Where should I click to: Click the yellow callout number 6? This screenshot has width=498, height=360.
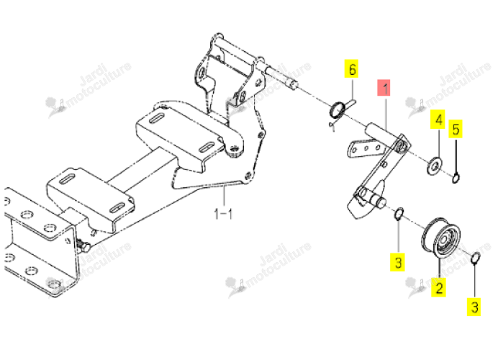tap(352, 69)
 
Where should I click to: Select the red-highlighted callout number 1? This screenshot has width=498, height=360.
tap(384, 88)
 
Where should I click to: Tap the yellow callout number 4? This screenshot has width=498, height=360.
tap(438, 120)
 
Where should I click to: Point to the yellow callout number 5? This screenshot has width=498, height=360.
tap(456, 129)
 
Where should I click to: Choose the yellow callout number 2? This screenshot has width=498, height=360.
tap(438, 287)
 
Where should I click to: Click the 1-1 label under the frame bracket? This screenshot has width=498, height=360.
tap(223, 214)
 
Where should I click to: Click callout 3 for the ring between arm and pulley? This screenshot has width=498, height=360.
tap(398, 262)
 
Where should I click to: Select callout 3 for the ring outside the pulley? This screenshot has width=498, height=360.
tap(474, 307)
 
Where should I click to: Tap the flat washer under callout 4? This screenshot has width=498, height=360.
tap(434, 165)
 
